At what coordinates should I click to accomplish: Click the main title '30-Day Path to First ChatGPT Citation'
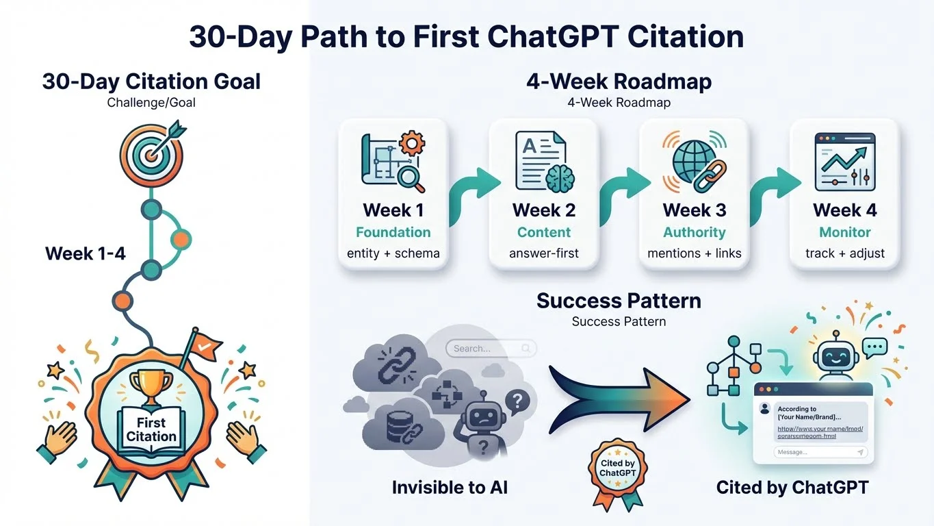coord(467,36)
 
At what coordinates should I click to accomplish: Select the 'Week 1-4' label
coord(86,253)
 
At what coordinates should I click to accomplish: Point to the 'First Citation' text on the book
coord(151,430)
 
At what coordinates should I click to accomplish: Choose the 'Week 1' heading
coord(393,210)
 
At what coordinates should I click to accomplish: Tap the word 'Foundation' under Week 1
coord(393,232)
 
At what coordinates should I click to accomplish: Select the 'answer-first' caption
coord(543,253)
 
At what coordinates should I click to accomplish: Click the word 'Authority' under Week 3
coord(694,232)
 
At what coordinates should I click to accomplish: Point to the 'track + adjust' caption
coord(845,253)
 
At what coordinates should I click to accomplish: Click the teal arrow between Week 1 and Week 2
coord(469,195)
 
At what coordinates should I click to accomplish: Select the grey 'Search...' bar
coord(490,349)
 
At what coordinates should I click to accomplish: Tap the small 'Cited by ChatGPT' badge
coord(617,468)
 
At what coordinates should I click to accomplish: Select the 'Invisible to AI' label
coord(450,488)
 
